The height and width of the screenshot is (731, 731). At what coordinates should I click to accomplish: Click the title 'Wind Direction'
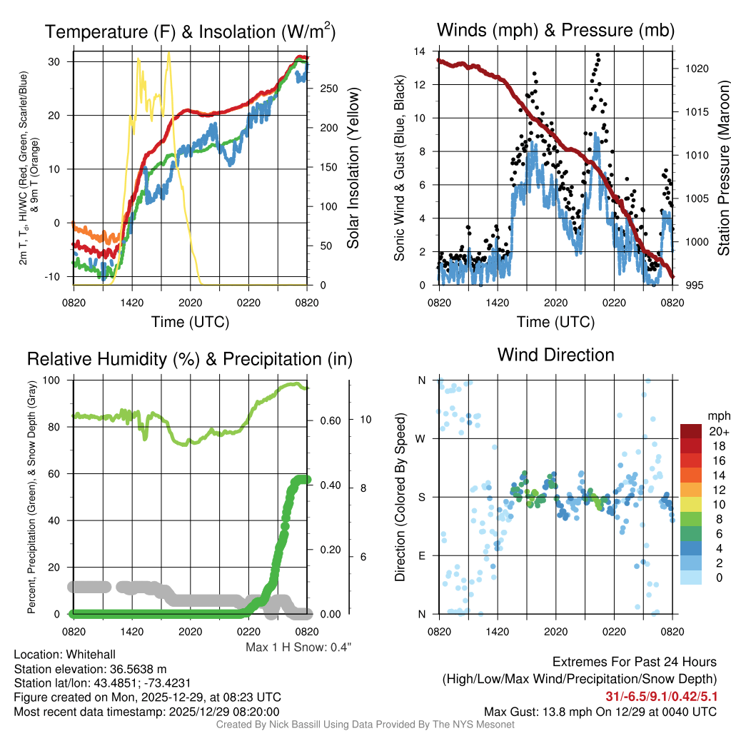tap(555, 355)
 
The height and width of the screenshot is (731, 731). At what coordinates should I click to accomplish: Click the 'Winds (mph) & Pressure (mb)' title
tap(555, 30)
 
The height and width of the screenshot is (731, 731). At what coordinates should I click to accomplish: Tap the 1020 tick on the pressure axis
tap(696, 69)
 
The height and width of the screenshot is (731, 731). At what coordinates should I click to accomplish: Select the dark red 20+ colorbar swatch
tap(692, 431)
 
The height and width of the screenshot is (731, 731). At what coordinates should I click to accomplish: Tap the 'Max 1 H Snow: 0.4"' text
tap(298, 647)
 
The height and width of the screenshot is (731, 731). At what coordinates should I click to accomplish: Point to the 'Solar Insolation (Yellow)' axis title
tap(353, 168)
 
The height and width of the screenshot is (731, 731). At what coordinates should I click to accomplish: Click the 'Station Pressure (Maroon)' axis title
tap(722, 168)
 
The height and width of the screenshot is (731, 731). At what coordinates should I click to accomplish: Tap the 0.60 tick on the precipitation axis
tap(329, 420)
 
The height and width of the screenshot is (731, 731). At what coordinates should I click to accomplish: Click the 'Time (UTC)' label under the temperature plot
tap(190, 322)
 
